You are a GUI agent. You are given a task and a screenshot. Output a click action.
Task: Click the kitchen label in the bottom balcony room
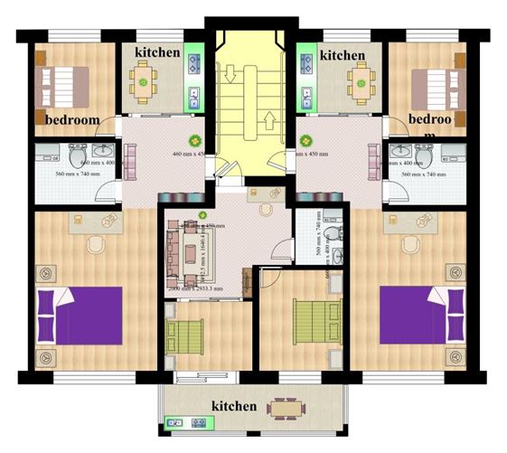pyautogui.click(x=235, y=406)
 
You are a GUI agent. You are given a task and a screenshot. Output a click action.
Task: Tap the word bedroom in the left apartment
pyautogui.click(x=71, y=119)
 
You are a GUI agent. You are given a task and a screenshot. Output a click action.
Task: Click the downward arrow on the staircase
pyautogui.click(x=229, y=72)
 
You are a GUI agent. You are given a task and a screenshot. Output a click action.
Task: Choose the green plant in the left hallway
pyautogui.click(x=193, y=140)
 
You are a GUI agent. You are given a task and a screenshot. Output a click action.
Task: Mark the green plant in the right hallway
pyautogui.click(x=306, y=141)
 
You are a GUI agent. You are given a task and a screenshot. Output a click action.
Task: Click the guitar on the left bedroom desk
pyautogui.click(x=110, y=220)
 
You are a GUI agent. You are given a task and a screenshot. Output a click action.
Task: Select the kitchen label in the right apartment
pyautogui.click(x=343, y=55)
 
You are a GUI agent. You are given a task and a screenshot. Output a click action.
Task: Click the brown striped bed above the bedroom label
pyautogui.click(x=63, y=84)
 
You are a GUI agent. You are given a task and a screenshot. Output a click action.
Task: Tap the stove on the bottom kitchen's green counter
pyautogui.click(x=175, y=422)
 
